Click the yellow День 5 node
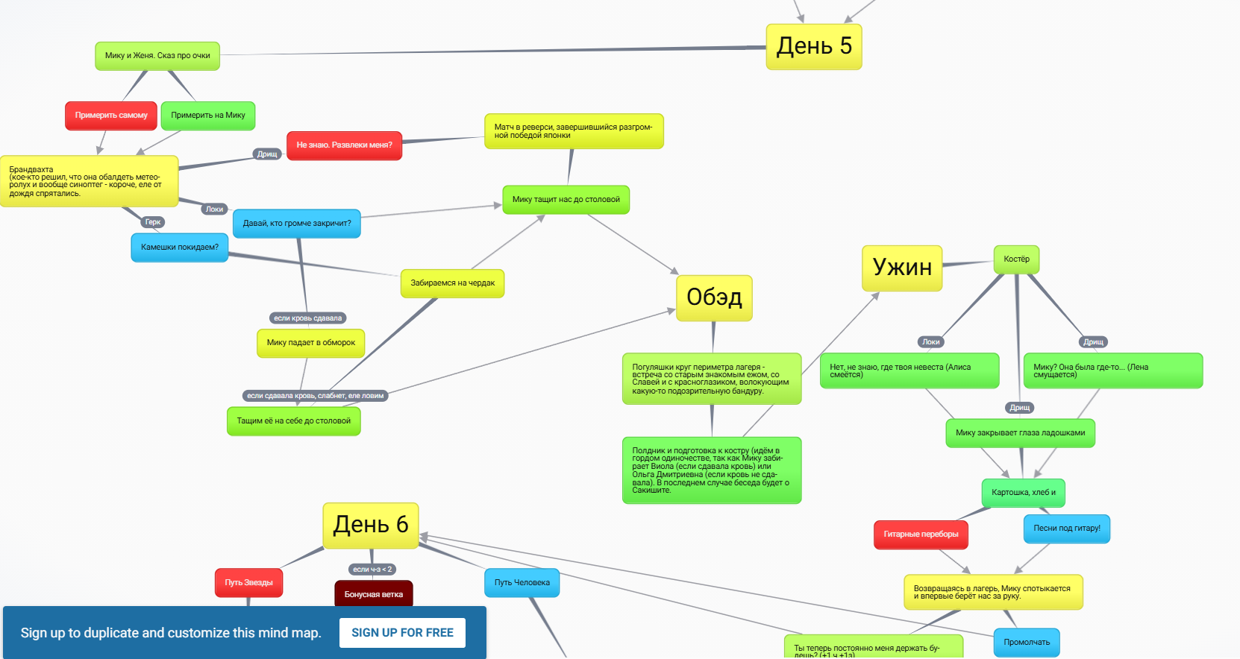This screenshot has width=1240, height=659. coord(813,46)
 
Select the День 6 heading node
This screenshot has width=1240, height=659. coord(371,525)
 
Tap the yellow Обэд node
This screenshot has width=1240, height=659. coord(714,297)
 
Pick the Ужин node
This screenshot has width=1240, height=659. coord(902,268)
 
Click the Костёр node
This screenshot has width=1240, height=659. coord(1016,259)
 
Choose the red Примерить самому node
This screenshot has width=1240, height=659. coord(111,116)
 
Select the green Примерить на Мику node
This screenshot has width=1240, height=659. coord(208,116)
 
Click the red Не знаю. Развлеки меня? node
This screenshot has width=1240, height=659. coord(344,145)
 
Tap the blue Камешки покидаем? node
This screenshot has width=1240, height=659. coord(180,247)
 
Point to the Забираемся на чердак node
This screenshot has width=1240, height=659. coord(452,283)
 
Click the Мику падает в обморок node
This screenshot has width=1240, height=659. coord(310,343)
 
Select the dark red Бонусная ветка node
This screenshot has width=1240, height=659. coord(373,595)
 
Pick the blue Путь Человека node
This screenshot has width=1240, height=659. coord(522,583)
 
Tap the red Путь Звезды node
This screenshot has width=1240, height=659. coord(248,583)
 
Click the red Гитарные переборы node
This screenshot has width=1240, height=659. coord(921,535)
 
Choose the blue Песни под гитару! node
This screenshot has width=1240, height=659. coord(1066,529)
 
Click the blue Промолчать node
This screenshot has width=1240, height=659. coord(1026,643)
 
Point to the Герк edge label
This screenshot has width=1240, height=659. coord(153,222)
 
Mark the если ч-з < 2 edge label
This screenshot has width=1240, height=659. coord(372,570)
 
